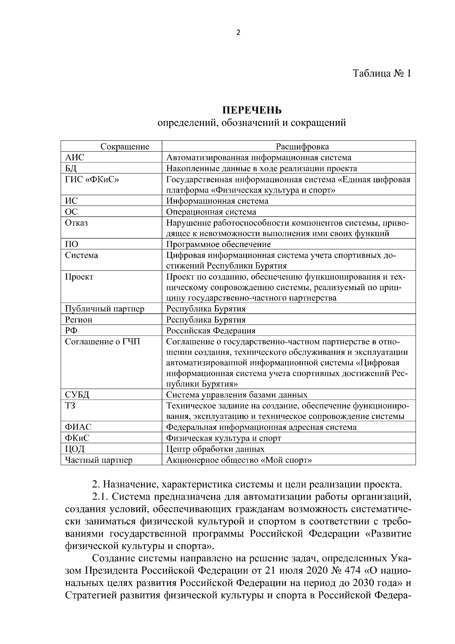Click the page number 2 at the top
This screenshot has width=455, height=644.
[238, 33]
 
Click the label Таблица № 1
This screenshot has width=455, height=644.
[382, 73]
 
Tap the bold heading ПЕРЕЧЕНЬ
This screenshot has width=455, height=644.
[251, 110]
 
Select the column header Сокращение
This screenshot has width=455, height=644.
[125, 147]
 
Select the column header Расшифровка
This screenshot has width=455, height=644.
[302, 147]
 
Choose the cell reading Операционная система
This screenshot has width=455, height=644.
[211, 212]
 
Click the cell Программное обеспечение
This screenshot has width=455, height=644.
[218, 244]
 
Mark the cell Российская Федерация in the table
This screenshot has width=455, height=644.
[211, 330]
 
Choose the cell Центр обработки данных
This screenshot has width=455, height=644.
[215, 449]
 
